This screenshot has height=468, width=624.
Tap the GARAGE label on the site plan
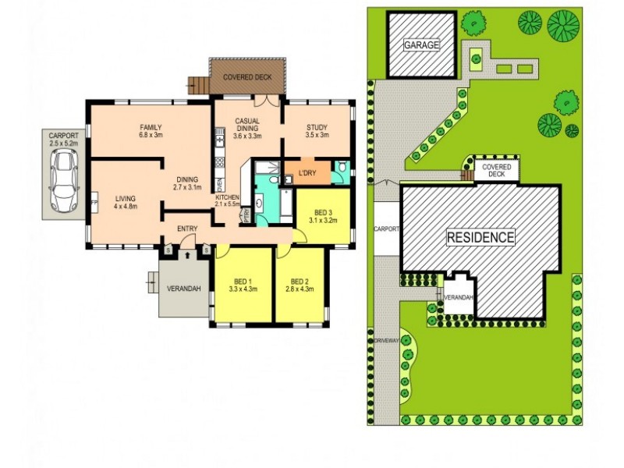[421, 45]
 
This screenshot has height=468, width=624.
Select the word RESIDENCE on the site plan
[480, 237]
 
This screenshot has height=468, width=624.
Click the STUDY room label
[317, 127]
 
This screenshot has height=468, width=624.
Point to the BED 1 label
[243, 281]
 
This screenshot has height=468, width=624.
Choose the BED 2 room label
[301, 281]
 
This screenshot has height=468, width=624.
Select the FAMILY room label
[151, 127]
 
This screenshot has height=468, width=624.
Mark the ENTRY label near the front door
[186, 228]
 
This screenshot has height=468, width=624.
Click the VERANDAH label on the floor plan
[184, 289]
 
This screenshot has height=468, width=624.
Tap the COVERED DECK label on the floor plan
[246, 78]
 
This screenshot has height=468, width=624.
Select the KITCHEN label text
[227, 198]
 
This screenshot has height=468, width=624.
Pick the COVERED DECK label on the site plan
[496, 171]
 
